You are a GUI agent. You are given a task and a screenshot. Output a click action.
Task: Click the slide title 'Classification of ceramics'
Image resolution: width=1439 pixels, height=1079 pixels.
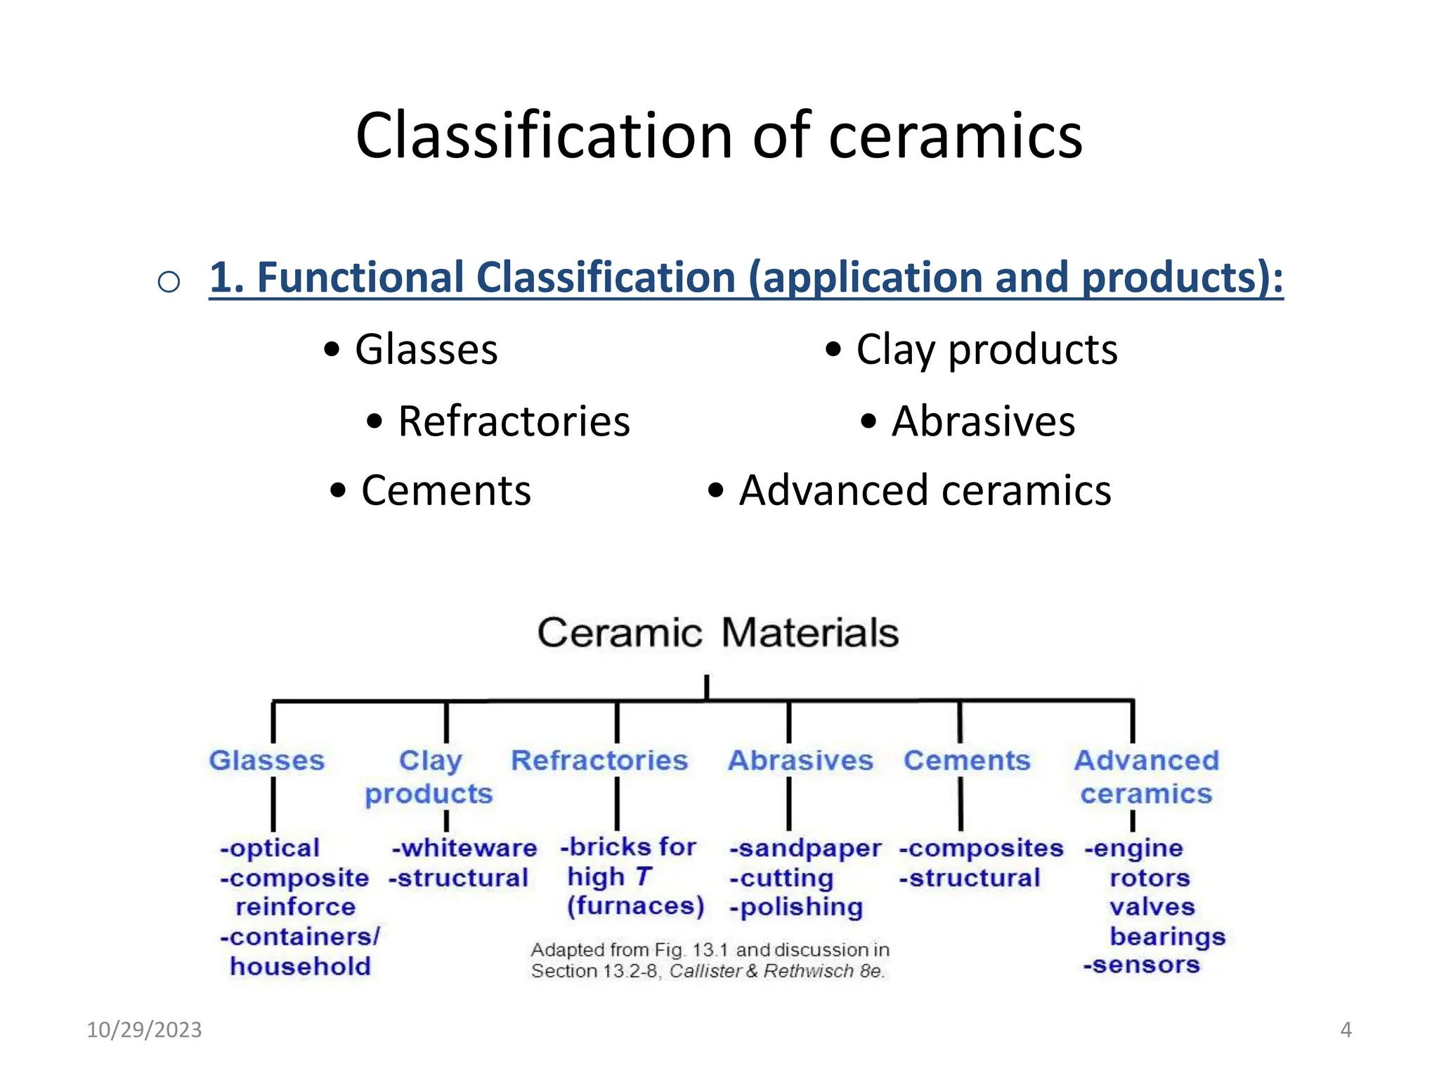click(719, 136)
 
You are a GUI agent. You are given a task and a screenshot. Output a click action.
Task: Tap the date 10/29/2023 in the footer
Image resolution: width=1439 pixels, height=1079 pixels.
click(144, 1030)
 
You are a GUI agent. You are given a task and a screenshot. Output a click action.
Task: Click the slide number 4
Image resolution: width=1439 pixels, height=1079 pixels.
click(1346, 1030)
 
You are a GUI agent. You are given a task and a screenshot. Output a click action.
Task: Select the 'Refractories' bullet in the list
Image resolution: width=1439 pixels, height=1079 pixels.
click(514, 421)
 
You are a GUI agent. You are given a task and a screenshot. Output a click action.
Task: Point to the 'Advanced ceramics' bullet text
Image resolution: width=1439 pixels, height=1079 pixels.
click(925, 490)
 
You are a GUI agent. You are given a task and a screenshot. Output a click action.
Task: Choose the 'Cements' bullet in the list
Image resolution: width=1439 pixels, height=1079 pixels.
click(445, 490)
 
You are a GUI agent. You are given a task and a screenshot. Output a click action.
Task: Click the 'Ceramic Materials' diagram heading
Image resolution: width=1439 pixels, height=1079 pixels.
click(718, 632)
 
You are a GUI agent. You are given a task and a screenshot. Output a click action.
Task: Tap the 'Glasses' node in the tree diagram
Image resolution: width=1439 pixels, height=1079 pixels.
click(267, 760)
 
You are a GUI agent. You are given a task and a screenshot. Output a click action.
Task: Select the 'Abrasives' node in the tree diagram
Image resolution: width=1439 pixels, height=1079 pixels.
click(800, 760)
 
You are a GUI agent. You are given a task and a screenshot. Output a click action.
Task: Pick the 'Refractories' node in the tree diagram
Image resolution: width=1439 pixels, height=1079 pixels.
click(599, 760)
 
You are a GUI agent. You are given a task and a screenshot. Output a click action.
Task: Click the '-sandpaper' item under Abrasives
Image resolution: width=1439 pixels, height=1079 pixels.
click(805, 849)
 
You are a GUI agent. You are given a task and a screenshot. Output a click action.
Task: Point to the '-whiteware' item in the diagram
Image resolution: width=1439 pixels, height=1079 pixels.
click(464, 849)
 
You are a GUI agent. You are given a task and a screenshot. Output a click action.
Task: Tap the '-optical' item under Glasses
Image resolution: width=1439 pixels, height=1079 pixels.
click(270, 849)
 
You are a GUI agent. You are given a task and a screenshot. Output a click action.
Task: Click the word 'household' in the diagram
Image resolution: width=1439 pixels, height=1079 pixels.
click(301, 967)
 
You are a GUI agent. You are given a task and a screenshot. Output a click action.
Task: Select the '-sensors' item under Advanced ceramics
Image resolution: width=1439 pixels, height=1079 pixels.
click(1141, 965)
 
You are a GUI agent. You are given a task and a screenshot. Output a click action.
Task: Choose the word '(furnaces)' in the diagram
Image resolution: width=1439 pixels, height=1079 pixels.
click(636, 906)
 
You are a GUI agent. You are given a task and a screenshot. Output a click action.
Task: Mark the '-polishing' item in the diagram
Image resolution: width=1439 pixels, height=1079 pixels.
click(796, 907)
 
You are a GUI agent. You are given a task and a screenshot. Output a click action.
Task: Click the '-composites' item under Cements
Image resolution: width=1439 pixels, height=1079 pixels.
click(982, 849)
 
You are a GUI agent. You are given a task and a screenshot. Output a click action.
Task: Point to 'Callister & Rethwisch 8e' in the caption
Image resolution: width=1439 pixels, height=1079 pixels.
click(776, 972)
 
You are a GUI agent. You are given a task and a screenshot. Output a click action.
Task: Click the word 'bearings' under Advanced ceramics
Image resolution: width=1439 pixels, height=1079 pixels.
click(1168, 936)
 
